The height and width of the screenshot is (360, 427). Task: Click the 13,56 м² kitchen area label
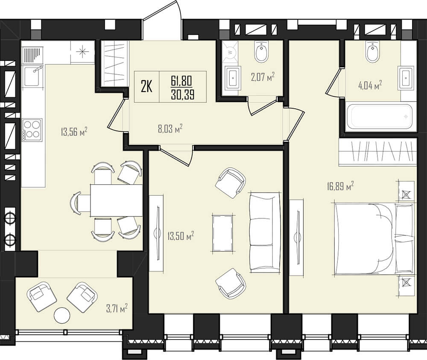coord(74,132)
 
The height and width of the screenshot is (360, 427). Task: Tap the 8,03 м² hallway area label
coord(170,128)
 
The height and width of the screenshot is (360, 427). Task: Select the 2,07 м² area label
coord(263,77)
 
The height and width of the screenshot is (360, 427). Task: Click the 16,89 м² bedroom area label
coord(340,186)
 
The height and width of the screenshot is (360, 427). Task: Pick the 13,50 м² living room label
coord(181,236)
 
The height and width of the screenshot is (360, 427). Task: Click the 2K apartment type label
coord(146,87)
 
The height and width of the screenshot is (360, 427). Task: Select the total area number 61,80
coord(181,81)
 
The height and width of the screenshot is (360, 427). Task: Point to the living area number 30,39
coord(182,95)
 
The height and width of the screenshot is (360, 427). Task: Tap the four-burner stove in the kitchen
coord(32,130)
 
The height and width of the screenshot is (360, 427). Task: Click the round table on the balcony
coord(62,315)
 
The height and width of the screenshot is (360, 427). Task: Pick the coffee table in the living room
coord(223,233)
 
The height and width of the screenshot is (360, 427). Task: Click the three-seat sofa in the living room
coord(265,232)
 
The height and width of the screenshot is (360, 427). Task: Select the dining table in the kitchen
coord(116,200)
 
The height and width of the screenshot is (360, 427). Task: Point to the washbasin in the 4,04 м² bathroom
coord(406,78)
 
